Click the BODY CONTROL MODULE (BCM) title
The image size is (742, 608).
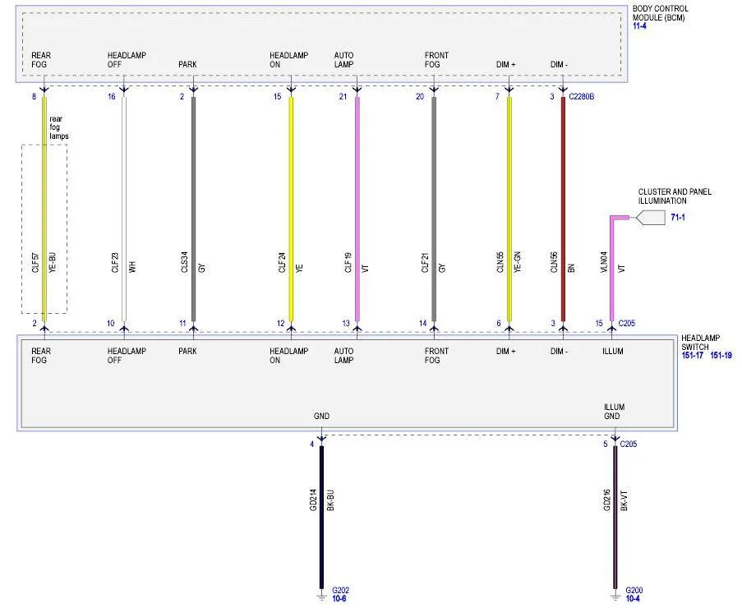point(659,13)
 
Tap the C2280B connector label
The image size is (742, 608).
point(581,96)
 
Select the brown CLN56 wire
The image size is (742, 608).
point(563,210)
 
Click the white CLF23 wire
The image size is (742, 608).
point(124,210)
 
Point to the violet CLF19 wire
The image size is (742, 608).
point(357,210)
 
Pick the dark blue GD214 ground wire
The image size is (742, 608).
point(322,517)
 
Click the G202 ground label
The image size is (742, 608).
point(340,590)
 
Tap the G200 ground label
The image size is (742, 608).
point(634,590)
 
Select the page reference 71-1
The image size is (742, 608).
point(678,218)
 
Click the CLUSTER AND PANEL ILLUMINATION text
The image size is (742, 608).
point(675,196)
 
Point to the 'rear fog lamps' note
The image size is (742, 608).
point(58,127)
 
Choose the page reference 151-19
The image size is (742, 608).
point(721,355)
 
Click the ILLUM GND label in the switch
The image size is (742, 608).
point(614,411)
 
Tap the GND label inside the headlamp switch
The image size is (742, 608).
point(321,416)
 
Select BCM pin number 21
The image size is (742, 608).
point(343,96)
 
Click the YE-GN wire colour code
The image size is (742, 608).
point(517,261)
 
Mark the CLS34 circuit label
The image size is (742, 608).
point(184,261)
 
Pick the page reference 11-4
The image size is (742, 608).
point(639,26)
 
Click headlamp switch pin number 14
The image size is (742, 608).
point(422,323)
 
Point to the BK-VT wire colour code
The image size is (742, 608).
point(623,500)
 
